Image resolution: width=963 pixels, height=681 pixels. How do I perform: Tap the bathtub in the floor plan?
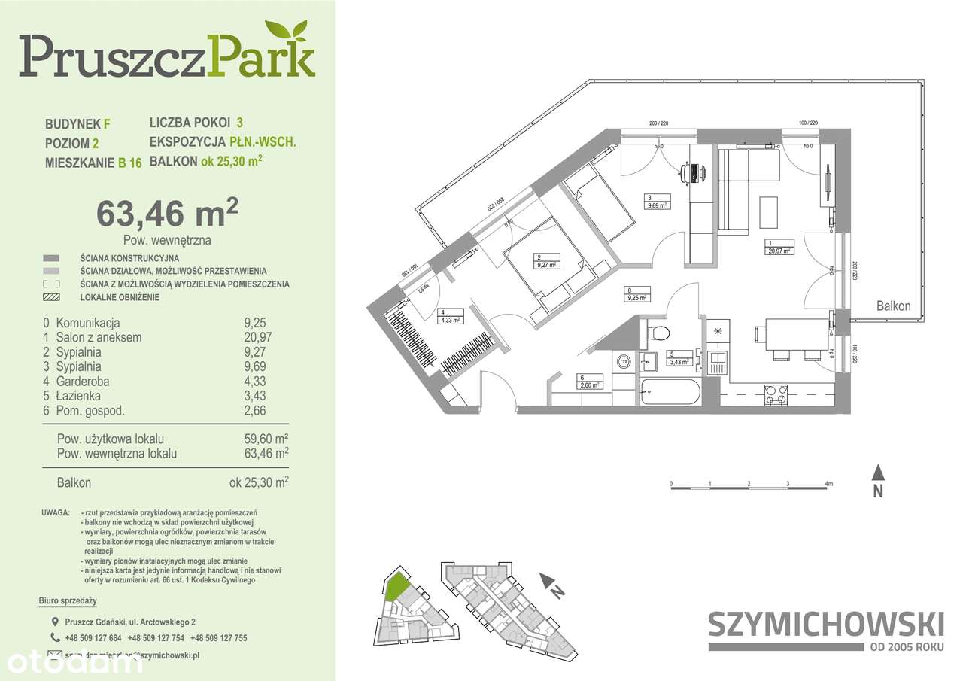point(670,392)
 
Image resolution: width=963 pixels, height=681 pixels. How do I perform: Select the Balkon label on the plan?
point(893,306)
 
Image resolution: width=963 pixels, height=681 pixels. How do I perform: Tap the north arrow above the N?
point(877,473)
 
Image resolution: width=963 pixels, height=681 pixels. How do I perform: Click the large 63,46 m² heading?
point(167,214)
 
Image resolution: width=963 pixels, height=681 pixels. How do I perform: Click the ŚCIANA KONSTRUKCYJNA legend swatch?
point(51,257)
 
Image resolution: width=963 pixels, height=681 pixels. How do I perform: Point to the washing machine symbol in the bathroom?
point(624,362)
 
